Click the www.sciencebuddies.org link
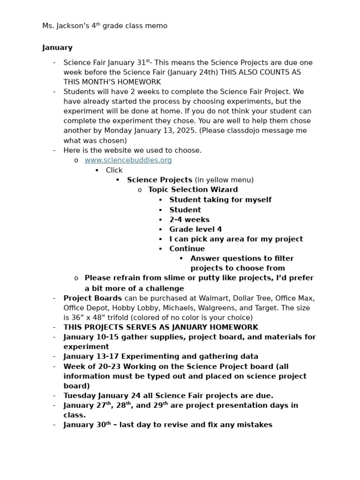(128, 160)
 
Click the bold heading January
(57, 47)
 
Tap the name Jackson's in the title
(72, 26)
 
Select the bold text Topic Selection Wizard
(193, 190)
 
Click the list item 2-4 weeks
(189, 219)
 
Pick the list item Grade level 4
(195, 229)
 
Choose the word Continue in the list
(187, 249)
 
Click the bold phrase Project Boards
(92, 298)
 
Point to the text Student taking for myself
(220, 200)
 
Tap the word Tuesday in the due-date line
(79, 396)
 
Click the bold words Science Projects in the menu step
(159, 180)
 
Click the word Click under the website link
(114, 170)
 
